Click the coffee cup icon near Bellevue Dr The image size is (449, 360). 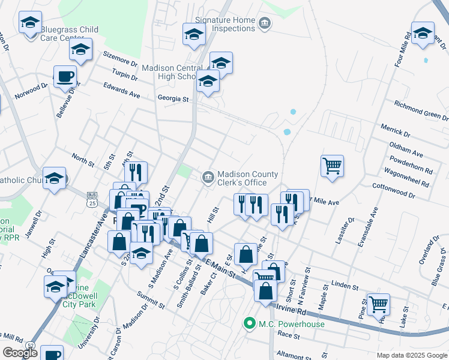click(x=65, y=77)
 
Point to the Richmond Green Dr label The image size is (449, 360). click(x=421, y=110)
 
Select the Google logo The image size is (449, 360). click(x=20, y=353)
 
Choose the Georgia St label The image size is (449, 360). click(x=173, y=98)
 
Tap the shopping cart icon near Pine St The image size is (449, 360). click(x=378, y=305)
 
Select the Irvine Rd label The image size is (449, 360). click(x=292, y=311)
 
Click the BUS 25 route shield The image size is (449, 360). click(x=92, y=199)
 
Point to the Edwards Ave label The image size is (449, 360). click(x=121, y=91)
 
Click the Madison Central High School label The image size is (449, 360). click(x=170, y=72)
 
